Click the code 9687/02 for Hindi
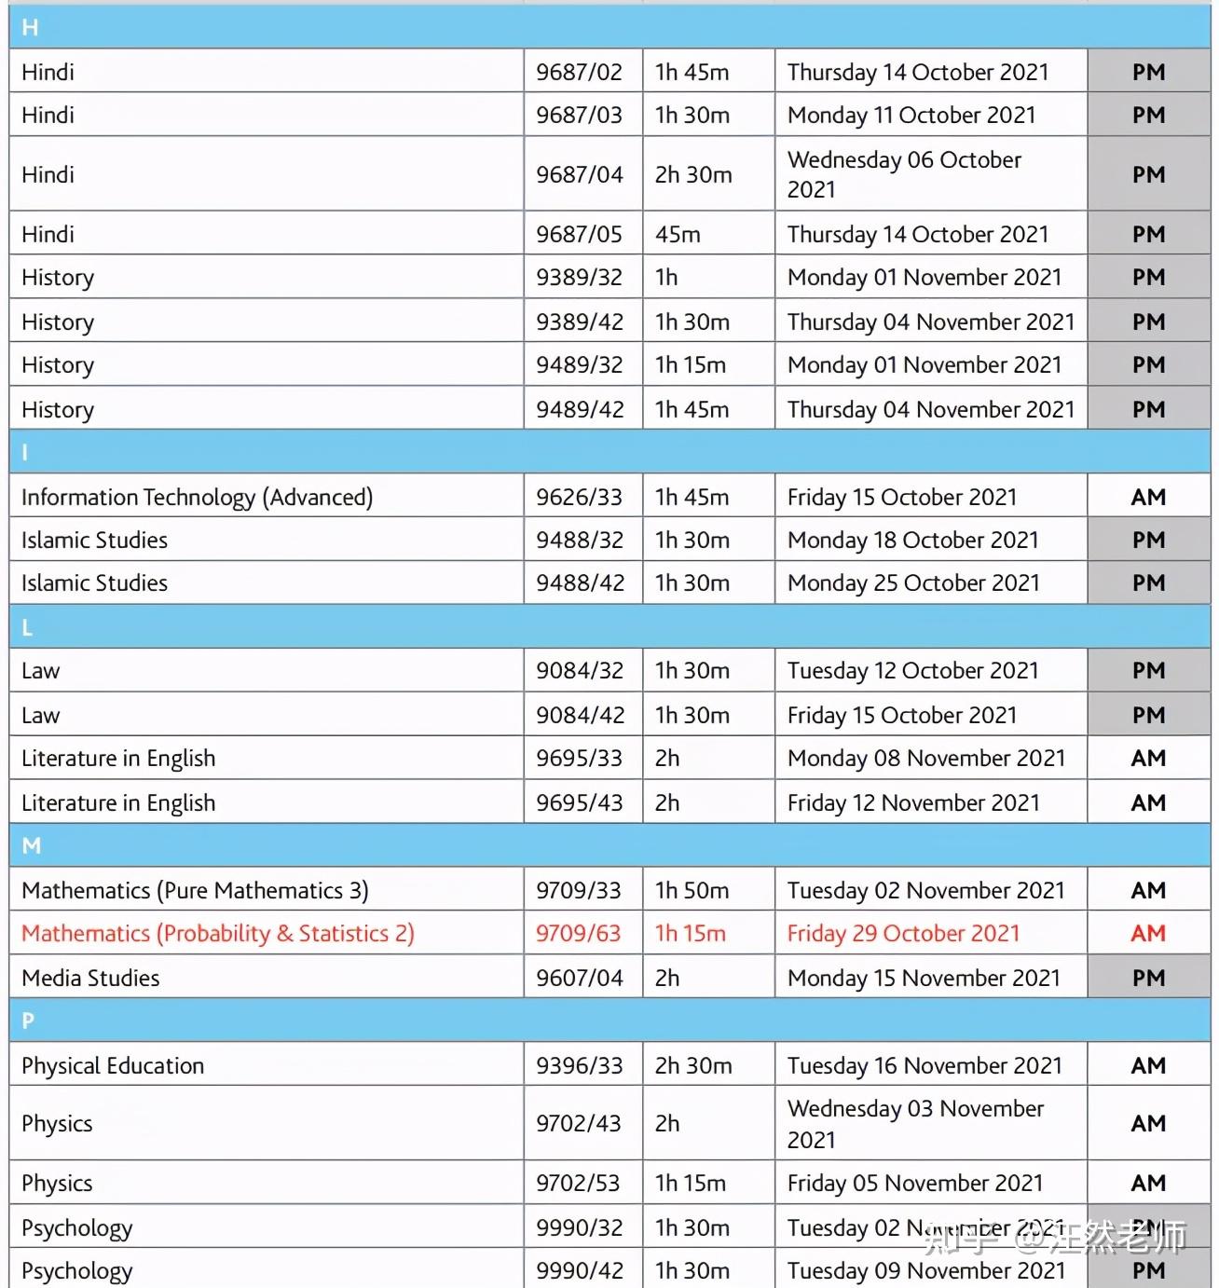[x=579, y=72]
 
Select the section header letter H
[x=30, y=28]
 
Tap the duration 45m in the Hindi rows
[x=678, y=234]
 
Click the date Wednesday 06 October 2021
[x=904, y=174]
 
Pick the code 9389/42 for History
[x=579, y=322]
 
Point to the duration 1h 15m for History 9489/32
[x=690, y=364]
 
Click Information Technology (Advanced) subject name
[x=197, y=497]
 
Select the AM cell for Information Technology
[x=1148, y=497]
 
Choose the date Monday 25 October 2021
[x=912, y=582]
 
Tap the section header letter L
[x=27, y=627]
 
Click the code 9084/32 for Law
[x=579, y=670]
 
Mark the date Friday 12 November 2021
[x=912, y=802]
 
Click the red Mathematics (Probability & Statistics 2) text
[x=217, y=933]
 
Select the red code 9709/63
[x=578, y=933]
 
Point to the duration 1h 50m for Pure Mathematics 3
[x=692, y=890]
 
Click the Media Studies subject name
[x=90, y=978]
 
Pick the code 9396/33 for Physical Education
[x=579, y=1065]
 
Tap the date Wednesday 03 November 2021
[x=915, y=1123]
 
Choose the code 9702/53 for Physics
[x=578, y=1183]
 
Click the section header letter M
[x=32, y=845]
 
